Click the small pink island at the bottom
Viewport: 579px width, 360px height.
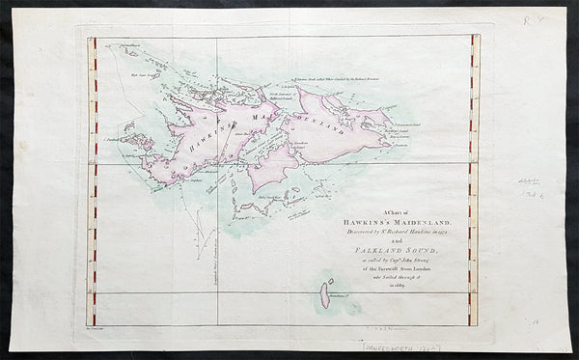pos(325,292)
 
